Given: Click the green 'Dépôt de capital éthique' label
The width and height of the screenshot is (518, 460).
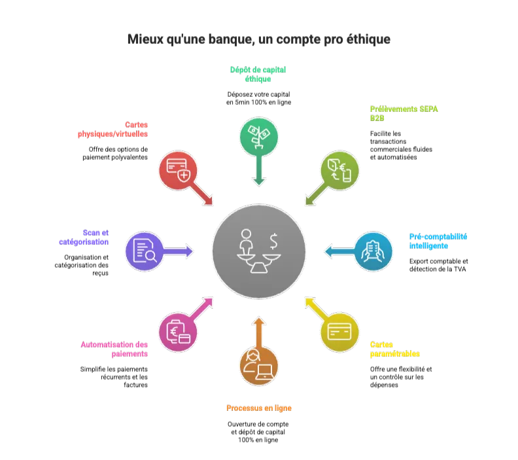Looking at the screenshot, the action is pos(258,74).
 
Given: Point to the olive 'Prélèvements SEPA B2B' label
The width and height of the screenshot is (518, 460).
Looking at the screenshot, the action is pos(404,113).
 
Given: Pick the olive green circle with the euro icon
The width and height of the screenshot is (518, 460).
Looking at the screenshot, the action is pos(339,169).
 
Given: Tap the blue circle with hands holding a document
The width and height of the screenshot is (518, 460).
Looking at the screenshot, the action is pos(373,251).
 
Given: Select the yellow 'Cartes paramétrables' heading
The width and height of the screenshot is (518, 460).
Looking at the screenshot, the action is pos(394,349).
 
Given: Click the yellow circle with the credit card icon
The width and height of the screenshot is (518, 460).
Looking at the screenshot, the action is pos(339,332).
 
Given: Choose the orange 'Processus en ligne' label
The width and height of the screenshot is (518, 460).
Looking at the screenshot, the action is pos(258,408).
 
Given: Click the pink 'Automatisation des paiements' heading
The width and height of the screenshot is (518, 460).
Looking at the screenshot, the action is pos(115,349).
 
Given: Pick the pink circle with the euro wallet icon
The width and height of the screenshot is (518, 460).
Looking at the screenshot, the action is pos(178,332).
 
